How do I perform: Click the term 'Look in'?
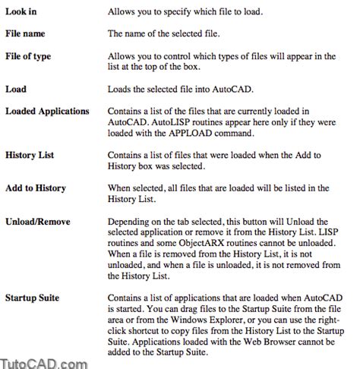pos(23,13)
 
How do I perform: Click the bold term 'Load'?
pos(16,90)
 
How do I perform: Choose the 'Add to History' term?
pos(36,188)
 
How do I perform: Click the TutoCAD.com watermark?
pos(43,361)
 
